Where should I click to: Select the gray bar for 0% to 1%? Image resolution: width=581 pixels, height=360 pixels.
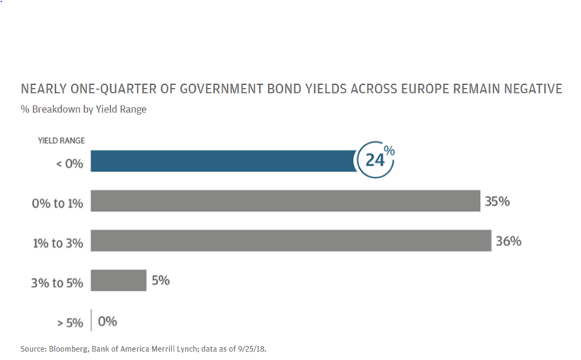click(284, 201)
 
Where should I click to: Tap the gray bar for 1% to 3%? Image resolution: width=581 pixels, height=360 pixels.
click(290, 241)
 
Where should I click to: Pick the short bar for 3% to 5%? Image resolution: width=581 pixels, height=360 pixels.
click(118, 281)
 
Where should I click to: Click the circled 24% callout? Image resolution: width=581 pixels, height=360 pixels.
click(375, 160)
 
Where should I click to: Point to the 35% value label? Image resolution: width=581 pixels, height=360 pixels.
click(497, 202)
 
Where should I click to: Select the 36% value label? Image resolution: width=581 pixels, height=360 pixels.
click(508, 242)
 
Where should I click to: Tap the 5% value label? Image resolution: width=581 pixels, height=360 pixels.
click(161, 281)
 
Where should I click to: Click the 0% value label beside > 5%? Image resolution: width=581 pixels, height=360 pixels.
click(107, 322)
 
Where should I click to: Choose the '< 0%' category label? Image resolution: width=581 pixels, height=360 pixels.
click(69, 163)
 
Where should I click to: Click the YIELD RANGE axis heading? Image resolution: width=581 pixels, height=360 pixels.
click(61, 141)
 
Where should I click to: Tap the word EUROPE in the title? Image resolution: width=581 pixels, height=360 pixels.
click(420, 89)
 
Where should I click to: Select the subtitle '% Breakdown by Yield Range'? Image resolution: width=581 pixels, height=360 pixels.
click(83, 109)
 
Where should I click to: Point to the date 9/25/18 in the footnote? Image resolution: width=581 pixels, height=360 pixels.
click(249, 349)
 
